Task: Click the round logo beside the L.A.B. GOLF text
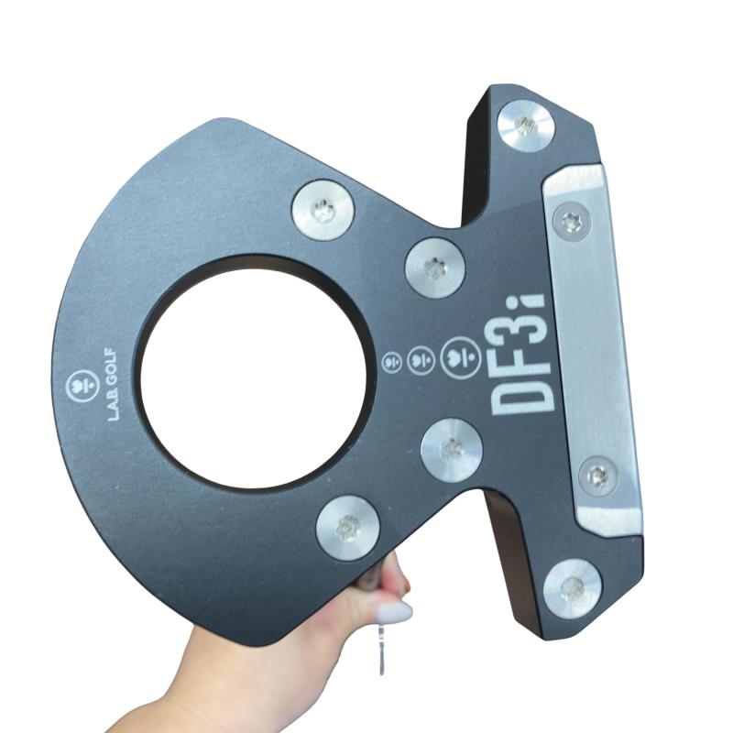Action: (x=84, y=385)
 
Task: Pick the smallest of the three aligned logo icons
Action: (x=391, y=361)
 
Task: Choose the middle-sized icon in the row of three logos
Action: (x=421, y=360)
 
